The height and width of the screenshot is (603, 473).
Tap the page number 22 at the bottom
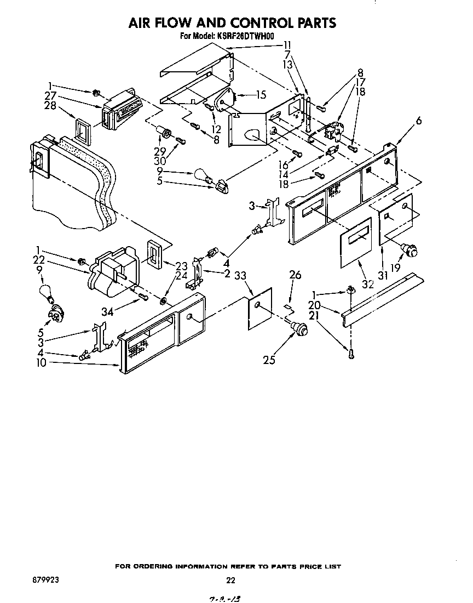[x=230, y=581]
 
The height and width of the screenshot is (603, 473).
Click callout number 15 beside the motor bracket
[x=261, y=95]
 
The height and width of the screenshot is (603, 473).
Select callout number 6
[x=418, y=122]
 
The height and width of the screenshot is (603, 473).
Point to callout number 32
[x=367, y=284]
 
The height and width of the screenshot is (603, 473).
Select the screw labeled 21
[x=351, y=354]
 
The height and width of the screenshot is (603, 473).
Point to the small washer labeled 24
[x=164, y=301]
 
